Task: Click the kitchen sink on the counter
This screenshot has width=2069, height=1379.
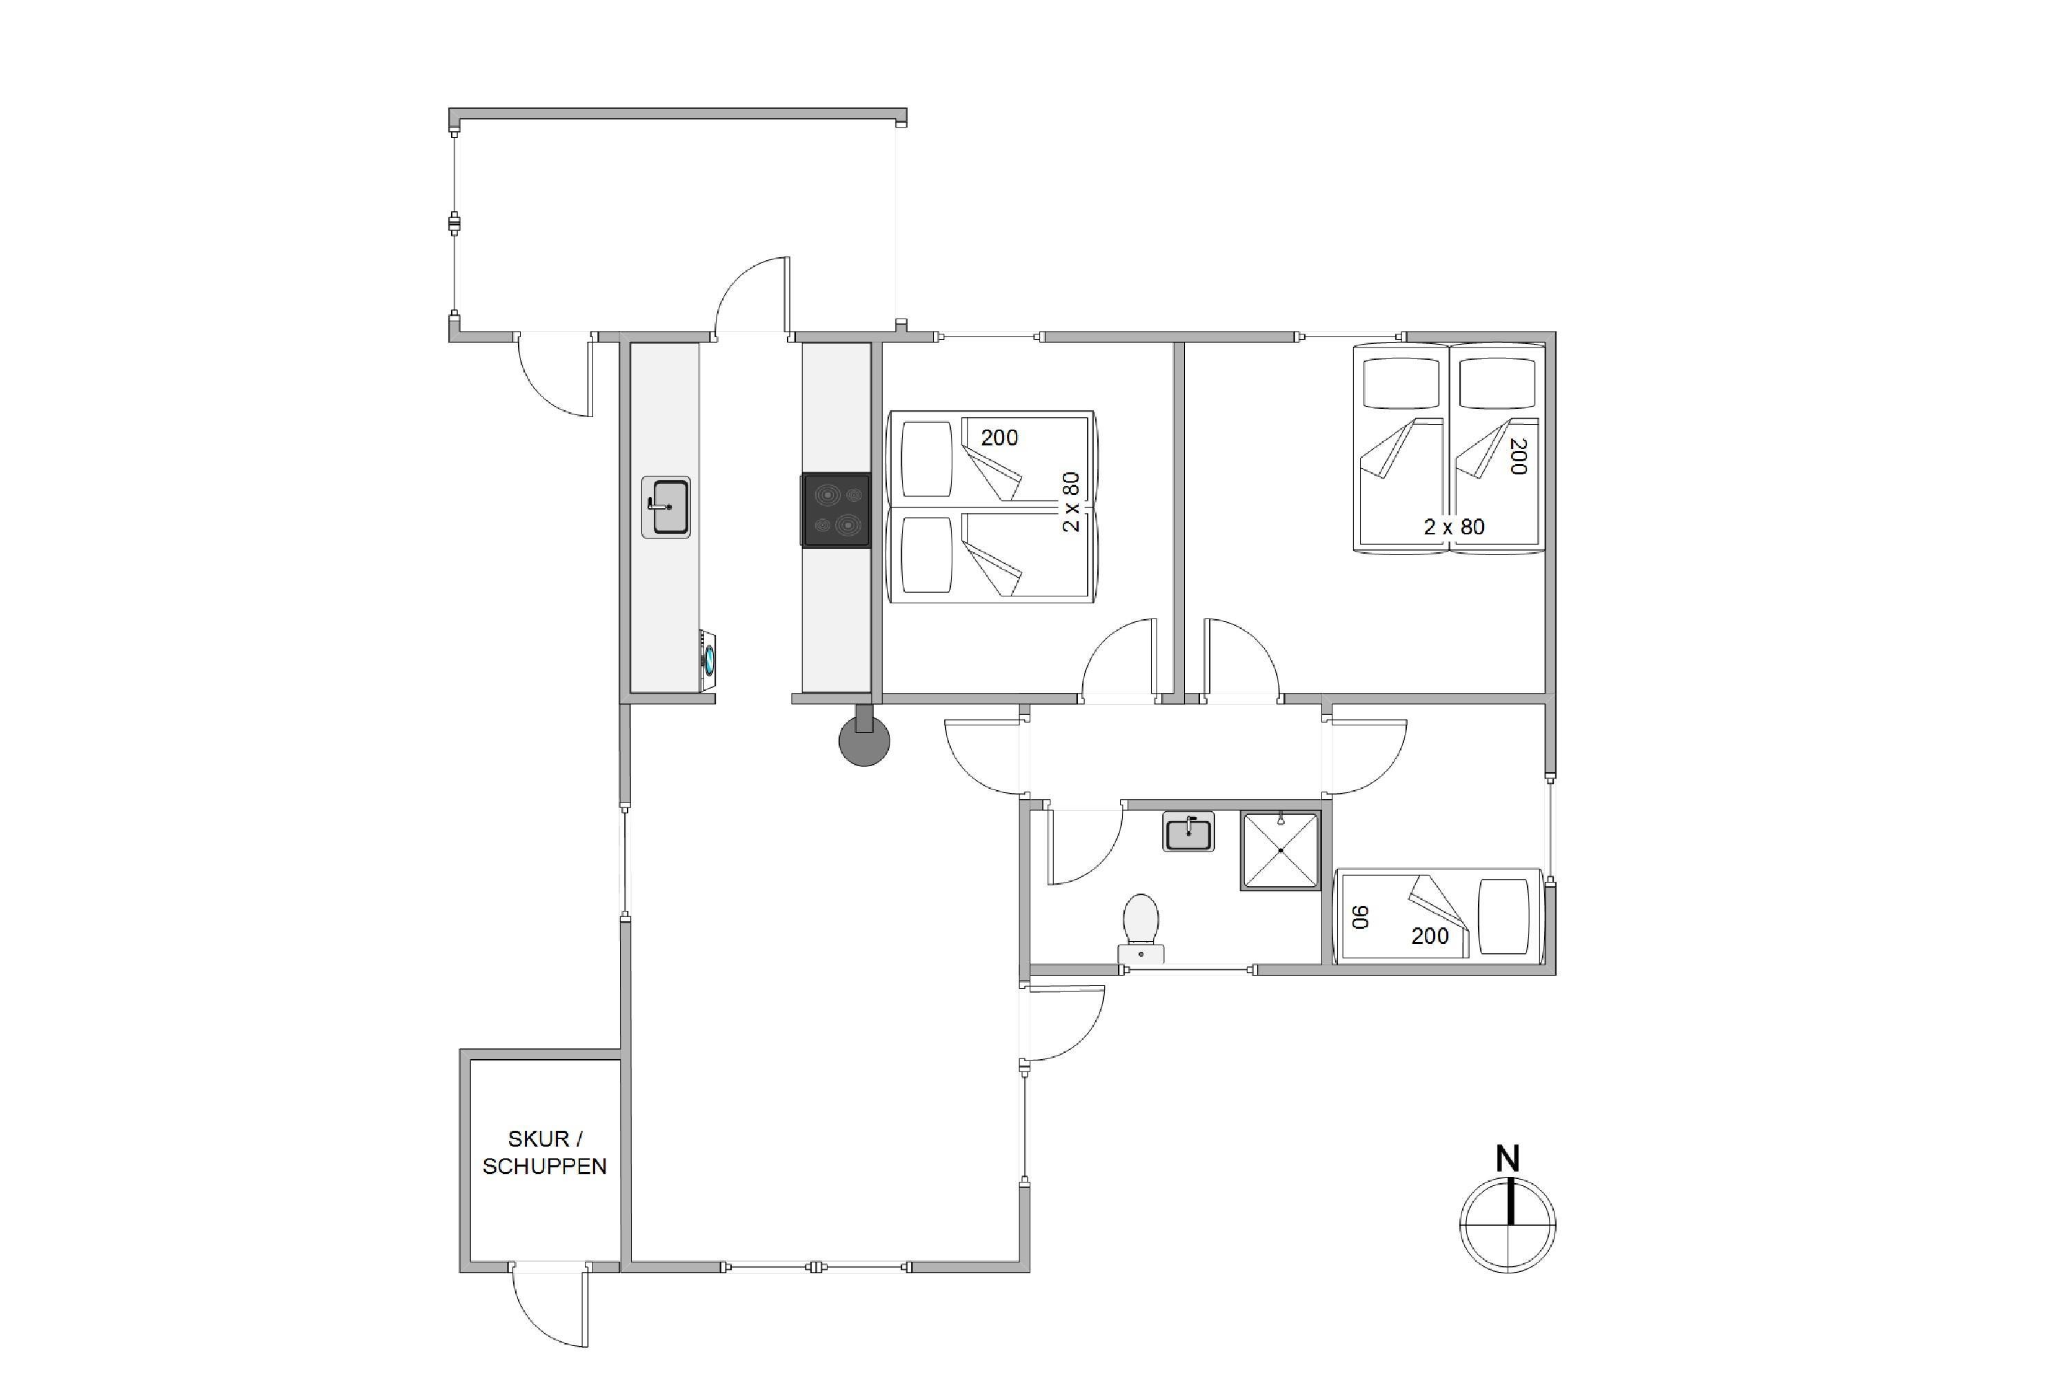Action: tap(666, 507)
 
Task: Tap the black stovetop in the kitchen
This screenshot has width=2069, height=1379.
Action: tap(837, 510)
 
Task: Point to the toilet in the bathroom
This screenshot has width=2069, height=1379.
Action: tap(1141, 929)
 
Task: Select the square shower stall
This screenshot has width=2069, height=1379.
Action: tap(1281, 850)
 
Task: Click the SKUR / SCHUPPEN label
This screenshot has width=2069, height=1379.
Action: tap(545, 1152)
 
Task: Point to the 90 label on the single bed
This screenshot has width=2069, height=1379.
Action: tap(1361, 917)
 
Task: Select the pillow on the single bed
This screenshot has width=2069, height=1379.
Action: tap(1504, 916)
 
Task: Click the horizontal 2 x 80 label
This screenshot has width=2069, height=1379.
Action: tap(1454, 527)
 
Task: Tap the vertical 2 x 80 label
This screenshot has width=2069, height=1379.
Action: tap(1070, 502)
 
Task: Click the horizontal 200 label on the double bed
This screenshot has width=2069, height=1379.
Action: tap(999, 437)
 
